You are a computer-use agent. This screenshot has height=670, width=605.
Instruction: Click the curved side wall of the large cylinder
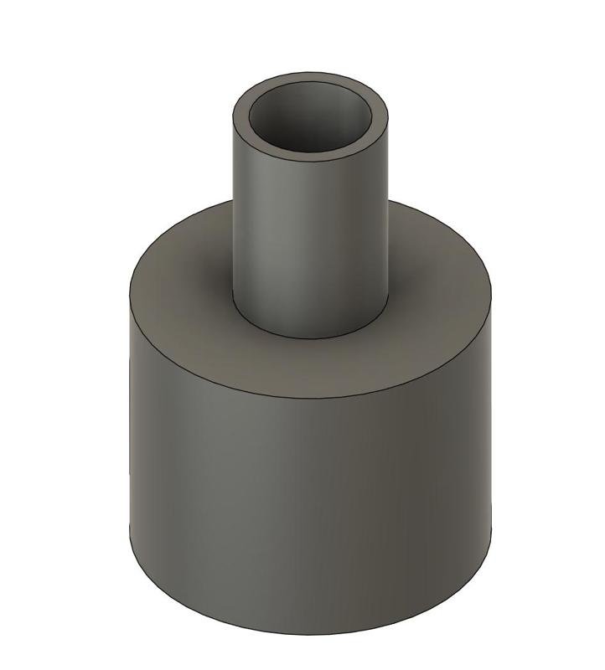coord(310,502)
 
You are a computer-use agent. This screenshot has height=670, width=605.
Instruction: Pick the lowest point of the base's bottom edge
coord(310,636)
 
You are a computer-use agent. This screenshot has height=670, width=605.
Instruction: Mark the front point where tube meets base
coord(310,338)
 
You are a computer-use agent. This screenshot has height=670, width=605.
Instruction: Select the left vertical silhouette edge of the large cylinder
coord(130,419)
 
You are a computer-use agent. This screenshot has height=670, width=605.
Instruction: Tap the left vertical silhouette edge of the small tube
coord(232,209)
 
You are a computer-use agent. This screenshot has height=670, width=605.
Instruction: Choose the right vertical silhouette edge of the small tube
coord(390,209)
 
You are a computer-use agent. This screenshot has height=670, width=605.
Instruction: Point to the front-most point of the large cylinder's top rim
coord(310,399)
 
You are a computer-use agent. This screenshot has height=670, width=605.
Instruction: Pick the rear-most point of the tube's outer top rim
coord(311,71)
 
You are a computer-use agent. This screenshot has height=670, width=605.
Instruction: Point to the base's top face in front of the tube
coord(310,368)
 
